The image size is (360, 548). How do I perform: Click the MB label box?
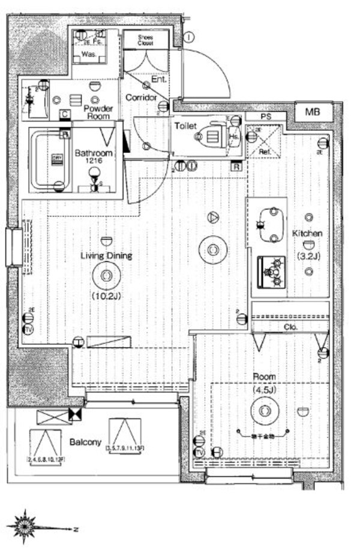313,112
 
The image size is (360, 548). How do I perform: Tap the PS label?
265,116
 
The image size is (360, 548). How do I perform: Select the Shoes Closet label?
145,40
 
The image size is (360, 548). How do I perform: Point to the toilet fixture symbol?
207,135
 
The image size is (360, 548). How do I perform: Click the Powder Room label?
98,113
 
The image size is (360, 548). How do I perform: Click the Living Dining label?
106,256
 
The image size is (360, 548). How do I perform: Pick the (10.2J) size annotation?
106,296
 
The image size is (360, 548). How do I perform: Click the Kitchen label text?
307,233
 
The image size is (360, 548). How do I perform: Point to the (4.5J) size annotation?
264,389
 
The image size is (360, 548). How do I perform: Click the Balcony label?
85,442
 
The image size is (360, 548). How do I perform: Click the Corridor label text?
142,98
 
